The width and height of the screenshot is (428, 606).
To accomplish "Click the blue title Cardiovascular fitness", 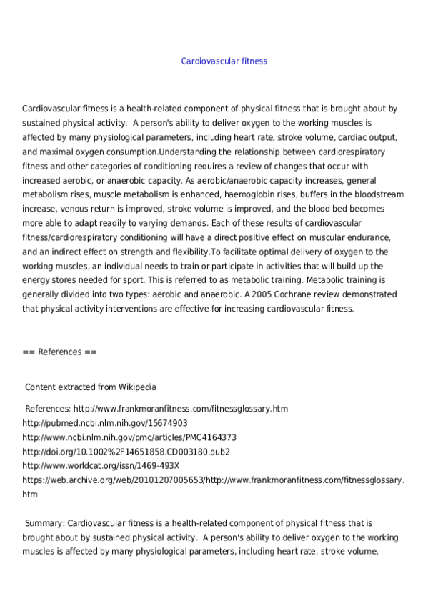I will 224,61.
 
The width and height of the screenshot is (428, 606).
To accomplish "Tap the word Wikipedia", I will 136,387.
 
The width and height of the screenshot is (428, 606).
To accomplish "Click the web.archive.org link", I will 214,480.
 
